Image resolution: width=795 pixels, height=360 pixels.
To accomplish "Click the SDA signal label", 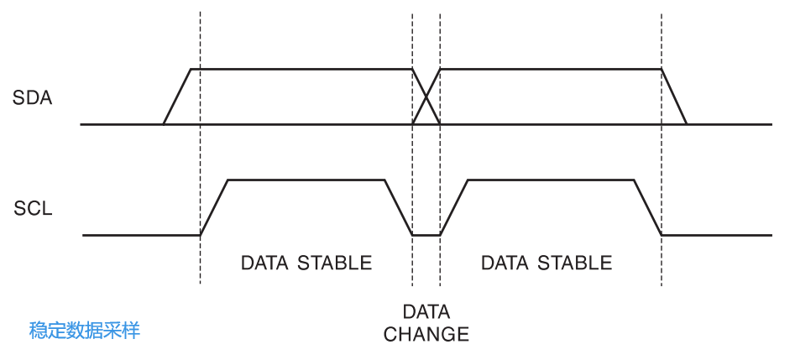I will coord(33,98).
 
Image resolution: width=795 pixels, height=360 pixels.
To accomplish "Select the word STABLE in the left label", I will coord(335,263).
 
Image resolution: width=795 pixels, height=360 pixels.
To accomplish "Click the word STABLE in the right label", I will coord(575,263).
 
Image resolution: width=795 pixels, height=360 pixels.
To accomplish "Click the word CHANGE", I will coord(426,334).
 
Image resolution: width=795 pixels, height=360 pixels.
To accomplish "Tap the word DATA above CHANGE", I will coord(426,310).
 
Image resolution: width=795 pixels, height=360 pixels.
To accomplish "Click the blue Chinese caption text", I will coord(85,331).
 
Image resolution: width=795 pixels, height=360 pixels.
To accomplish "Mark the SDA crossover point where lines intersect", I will coord(426,97).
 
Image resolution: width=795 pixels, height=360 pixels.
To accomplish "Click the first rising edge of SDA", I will coord(177,97).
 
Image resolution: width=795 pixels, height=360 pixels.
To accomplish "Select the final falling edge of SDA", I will coord(674,97).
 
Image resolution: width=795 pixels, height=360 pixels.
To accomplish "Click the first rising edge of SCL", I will coord(214,207).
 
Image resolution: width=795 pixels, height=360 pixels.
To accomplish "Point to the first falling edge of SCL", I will coord(398,207).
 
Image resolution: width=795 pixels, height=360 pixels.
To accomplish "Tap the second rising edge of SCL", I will coord(453,207).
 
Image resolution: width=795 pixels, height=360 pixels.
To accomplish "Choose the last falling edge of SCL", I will coord(647,207).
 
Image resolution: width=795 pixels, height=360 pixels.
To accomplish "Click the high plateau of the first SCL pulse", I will coord(306,180).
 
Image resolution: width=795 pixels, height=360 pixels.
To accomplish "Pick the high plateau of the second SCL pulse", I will coord(550,180).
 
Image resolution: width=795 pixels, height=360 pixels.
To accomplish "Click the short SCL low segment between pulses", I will coord(426,235).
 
